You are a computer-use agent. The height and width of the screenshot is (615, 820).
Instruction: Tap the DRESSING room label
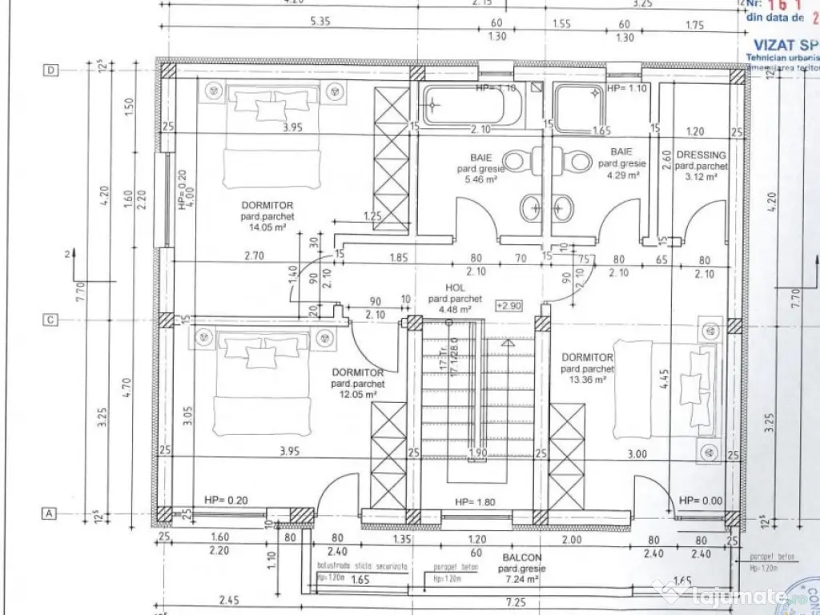tap(701, 155)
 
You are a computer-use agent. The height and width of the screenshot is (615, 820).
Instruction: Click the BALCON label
tap(523, 558)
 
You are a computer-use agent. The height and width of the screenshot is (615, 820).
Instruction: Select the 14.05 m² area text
tap(268, 227)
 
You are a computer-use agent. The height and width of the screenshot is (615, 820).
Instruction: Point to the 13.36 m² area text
tap(588, 380)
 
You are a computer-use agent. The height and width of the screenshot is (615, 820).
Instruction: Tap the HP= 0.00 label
tap(701, 500)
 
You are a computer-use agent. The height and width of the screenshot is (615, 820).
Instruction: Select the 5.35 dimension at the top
tap(321, 22)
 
